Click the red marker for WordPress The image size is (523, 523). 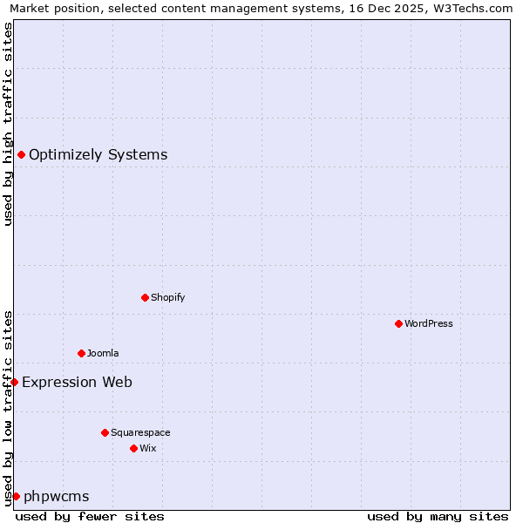pos(398,323)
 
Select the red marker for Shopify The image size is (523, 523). pos(145,297)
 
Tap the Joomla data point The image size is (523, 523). pos(81,353)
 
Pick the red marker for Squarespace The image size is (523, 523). pos(105,432)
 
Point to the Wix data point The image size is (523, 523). pos(133,448)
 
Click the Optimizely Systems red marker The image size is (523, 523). pos(21,155)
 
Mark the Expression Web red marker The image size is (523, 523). pos(14,382)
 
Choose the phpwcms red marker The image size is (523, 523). pos(16,496)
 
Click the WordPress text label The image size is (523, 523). pos(429,323)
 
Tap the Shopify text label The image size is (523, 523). pos(168,297)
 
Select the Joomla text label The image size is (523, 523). pos(103,353)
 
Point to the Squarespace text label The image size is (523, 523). pos(140,432)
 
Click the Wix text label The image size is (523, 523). pos(147,448)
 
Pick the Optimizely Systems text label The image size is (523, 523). pos(98,155)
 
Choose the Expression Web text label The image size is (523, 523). pos(77,382)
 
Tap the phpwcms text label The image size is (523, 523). pos(57,496)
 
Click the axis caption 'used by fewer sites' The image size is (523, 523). pos(90,516)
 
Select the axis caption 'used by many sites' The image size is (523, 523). pos(438,516)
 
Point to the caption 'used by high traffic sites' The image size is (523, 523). pos(8,124)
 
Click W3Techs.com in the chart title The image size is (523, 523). pos(470,9)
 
